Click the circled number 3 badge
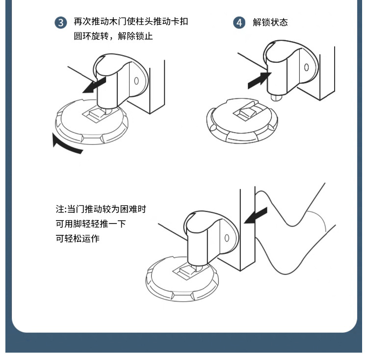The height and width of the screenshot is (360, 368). pyautogui.click(x=60, y=23)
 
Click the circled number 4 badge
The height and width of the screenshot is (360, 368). pyautogui.click(x=239, y=23)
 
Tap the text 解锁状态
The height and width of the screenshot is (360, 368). pyautogui.click(x=270, y=23)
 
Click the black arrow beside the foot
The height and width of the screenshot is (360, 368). pyautogui.click(x=256, y=216)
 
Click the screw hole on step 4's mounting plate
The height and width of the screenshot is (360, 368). pyautogui.click(x=306, y=67)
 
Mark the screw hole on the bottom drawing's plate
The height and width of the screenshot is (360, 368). pyautogui.click(x=227, y=238)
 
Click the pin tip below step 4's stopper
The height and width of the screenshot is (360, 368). pyautogui.click(x=278, y=97)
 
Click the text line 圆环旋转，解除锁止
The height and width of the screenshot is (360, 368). pyautogui.click(x=113, y=36)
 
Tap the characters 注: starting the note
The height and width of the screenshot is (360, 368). pyautogui.click(x=60, y=209)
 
